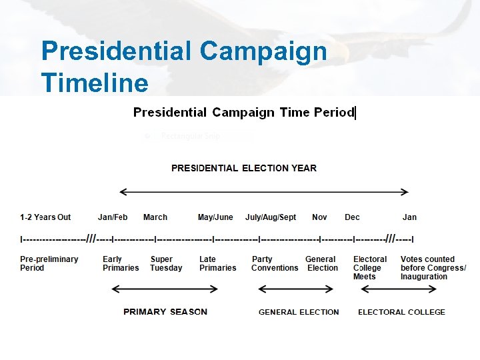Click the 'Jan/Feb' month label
(112, 217)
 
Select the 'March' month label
(155, 217)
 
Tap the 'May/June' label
(215, 217)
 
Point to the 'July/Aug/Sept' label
(271, 217)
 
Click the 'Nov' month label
(319, 217)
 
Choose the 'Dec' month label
(352, 217)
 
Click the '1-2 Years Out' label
(45, 217)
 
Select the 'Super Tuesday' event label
(166, 263)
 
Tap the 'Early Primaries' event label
(121, 263)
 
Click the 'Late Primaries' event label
(217, 263)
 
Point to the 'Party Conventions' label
(275, 263)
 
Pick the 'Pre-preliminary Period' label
(49, 263)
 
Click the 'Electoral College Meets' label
(370, 267)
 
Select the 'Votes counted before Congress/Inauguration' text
(433, 267)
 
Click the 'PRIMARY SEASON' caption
(165, 312)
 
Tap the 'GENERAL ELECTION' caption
(299, 312)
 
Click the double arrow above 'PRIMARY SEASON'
(165, 289)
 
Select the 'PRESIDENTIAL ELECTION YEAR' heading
(244, 168)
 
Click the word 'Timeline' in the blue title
(94, 83)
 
